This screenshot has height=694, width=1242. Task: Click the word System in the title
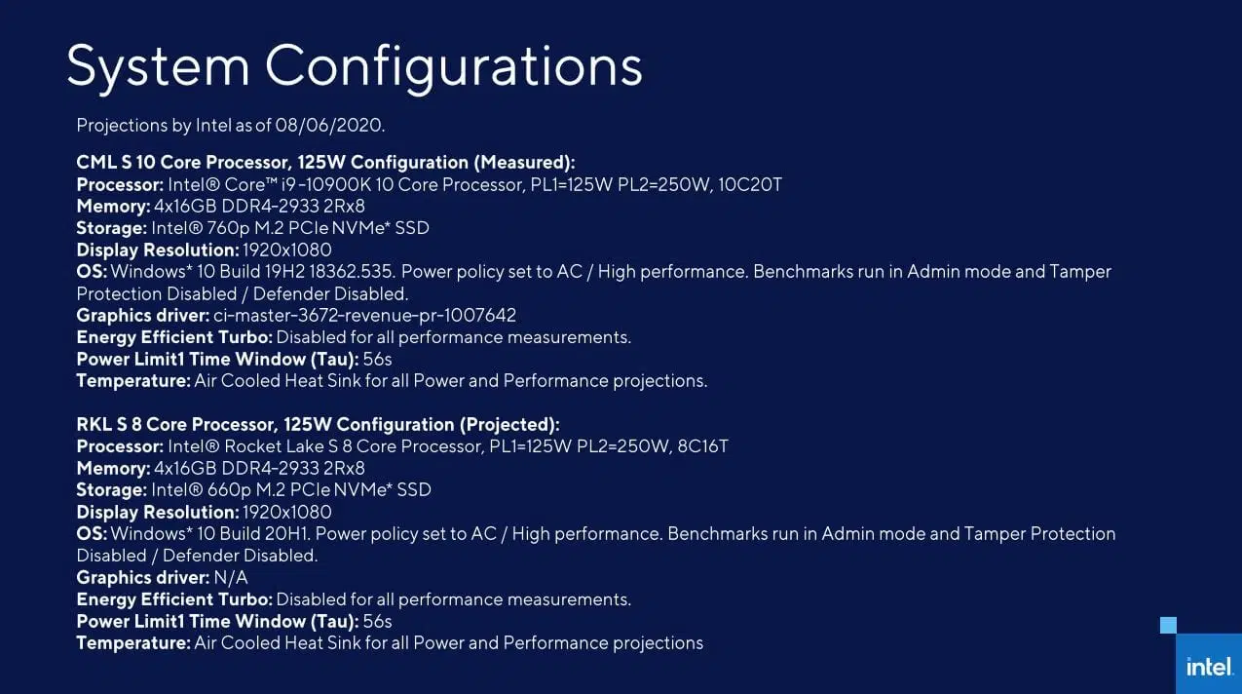(158, 67)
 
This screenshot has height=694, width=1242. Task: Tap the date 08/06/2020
(329, 126)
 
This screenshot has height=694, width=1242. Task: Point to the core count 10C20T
(750, 184)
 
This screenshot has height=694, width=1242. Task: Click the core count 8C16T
(702, 446)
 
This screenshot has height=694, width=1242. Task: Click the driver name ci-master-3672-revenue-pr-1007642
(365, 316)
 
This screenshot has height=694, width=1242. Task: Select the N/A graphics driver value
(231, 577)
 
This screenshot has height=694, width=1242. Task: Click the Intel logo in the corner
(1210, 667)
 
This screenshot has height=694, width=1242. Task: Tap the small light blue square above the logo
(1168, 625)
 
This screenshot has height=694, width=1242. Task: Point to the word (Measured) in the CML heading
(524, 163)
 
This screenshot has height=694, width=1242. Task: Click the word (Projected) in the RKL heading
(509, 424)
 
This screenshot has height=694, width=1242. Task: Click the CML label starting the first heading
(95, 163)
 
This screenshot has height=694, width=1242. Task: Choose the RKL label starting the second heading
(94, 424)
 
